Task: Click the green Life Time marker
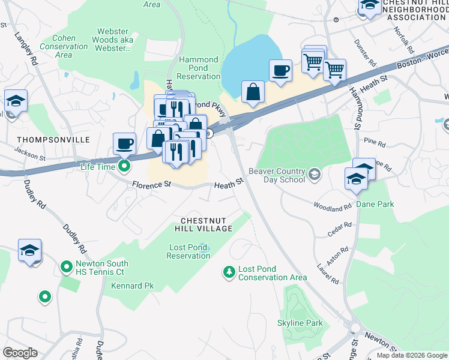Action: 124,166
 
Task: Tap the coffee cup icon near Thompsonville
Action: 125,144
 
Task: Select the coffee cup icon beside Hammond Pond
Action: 280,71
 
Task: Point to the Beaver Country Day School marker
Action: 313,175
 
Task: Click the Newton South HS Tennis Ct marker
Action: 67,266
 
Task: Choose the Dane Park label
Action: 375,204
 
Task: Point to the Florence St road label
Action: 152,185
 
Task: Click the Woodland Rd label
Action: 332,206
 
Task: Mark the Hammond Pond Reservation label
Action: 199,68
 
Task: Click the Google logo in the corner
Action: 20,353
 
